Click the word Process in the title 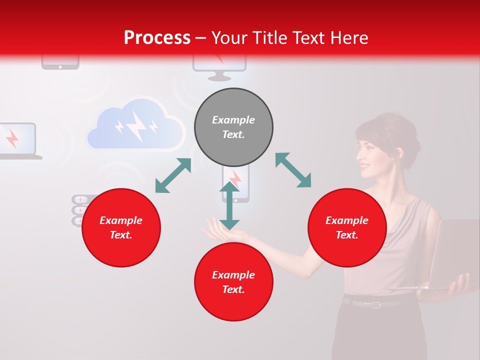157,38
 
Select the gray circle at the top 233,127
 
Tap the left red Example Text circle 121,227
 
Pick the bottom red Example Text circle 233,282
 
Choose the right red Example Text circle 347,227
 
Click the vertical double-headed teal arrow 229,206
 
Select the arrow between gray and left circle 173,175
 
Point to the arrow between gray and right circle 293,170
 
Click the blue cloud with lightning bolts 135,125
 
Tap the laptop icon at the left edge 17,140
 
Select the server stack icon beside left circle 78,210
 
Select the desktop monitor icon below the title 219,67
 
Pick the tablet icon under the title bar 60,62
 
